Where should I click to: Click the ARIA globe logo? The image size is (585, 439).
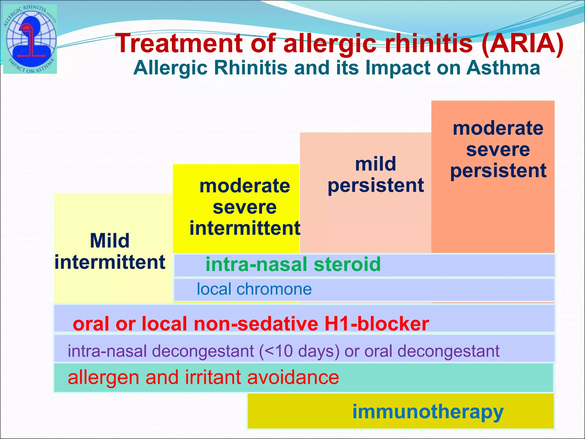[x=30, y=39]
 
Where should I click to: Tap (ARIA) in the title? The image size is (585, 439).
[x=522, y=43]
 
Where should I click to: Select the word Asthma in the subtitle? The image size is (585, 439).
[x=503, y=68]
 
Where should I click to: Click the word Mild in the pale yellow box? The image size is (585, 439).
[x=110, y=241]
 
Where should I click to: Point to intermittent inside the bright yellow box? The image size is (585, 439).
[x=245, y=228]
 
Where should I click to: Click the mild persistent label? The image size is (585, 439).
[x=375, y=175]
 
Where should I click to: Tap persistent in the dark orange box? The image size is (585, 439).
[x=498, y=171]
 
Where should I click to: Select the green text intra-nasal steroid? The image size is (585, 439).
[x=293, y=264]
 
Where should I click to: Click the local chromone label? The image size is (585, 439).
[x=254, y=289]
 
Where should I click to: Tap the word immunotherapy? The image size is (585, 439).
[x=428, y=412]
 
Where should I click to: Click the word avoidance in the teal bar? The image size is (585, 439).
[x=293, y=377]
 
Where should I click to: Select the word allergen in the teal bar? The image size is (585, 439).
[x=104, y=377]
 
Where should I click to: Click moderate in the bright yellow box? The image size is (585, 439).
[x=245, y=186]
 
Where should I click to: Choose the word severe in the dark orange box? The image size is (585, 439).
[x=498, y=149]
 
